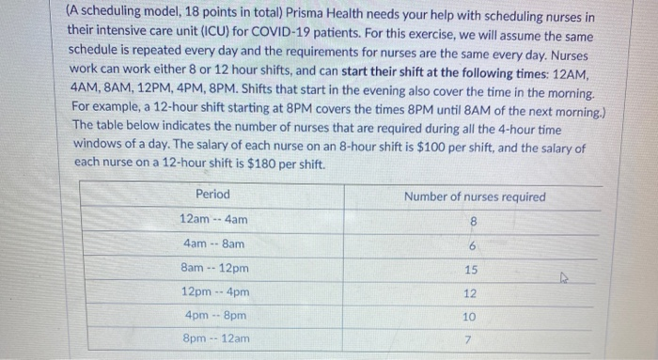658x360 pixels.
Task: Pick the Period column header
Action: (212, 196)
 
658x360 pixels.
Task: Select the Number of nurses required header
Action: (474, 196)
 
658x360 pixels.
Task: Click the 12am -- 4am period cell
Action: (213, 219)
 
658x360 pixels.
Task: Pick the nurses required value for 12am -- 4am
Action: (473, 222)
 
